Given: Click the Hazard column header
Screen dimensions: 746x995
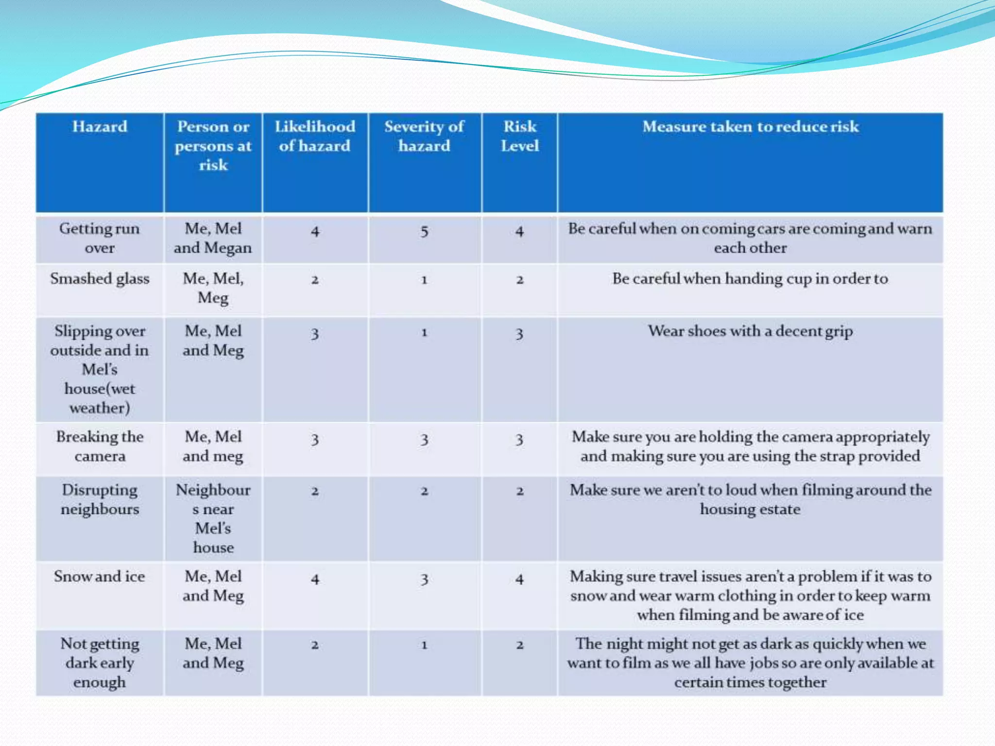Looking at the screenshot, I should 100,127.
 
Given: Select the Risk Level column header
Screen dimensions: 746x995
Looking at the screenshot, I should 519,136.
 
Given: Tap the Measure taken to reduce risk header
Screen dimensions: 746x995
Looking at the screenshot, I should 750,127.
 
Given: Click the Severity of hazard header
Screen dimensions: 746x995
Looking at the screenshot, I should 424,136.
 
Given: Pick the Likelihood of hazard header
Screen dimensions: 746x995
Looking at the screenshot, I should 315,136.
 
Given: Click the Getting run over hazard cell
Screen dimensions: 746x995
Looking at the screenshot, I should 100,238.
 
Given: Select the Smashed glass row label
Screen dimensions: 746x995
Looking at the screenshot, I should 100,279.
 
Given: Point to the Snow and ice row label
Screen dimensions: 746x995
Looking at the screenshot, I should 100,576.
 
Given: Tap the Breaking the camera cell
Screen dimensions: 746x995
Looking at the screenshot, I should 100,446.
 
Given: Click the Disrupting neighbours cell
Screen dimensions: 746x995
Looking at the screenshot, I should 100,499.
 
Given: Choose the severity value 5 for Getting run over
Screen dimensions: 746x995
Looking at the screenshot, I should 424,232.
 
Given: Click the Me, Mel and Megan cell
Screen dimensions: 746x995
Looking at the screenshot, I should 213,238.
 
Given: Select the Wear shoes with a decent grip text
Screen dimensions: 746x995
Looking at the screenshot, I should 750,331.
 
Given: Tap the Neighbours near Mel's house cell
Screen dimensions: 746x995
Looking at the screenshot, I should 213,518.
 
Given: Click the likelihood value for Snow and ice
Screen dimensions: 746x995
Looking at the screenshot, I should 315,579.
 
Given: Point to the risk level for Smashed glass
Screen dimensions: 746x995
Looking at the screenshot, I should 519,280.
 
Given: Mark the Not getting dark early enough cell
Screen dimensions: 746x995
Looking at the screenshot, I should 100,663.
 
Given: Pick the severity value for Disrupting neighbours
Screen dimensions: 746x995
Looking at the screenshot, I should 424,492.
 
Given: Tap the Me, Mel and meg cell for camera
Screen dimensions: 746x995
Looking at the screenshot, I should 213,446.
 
